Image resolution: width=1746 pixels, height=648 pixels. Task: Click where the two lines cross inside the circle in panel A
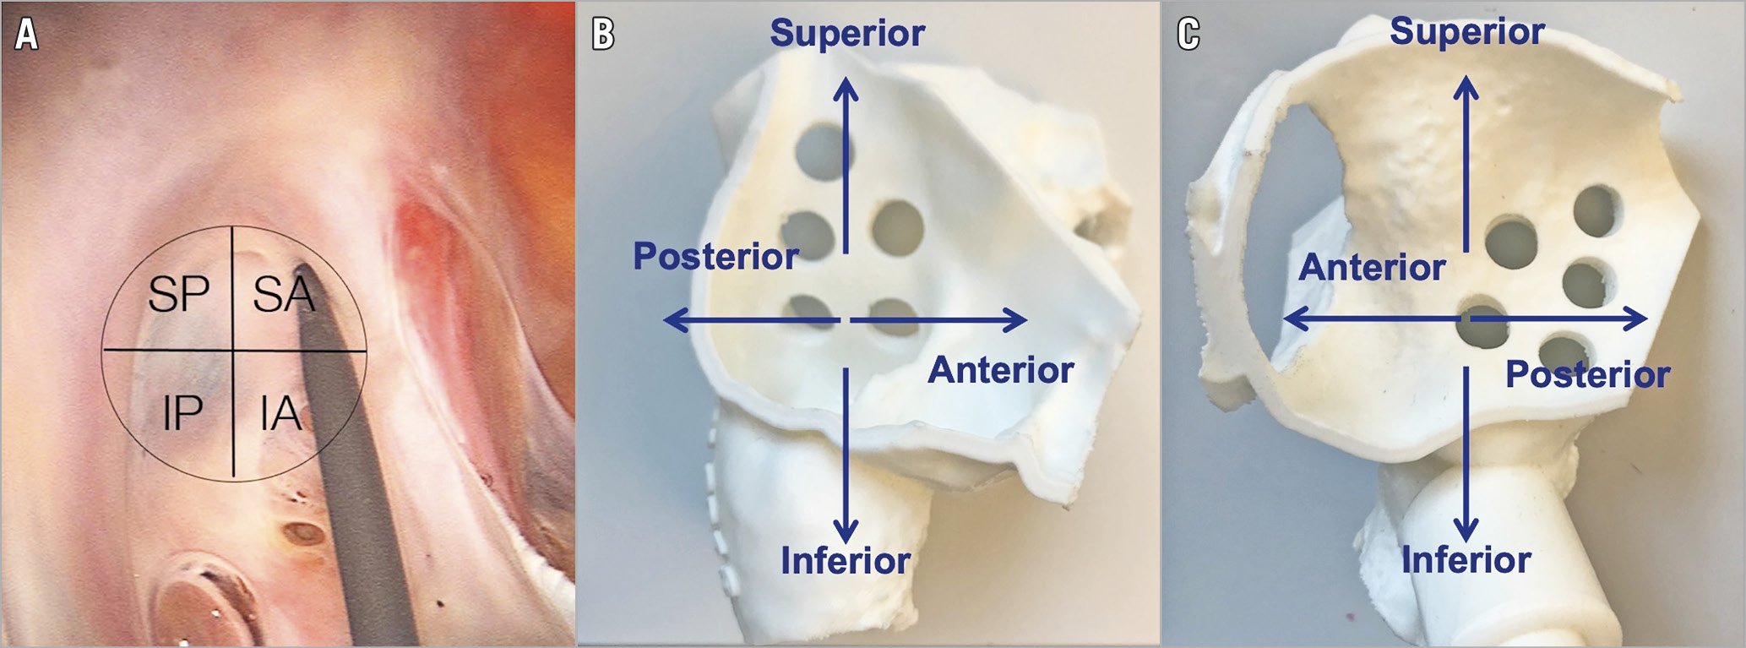233,349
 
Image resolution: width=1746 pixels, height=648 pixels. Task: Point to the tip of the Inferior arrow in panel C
1466,541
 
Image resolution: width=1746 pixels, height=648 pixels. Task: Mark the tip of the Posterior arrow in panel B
664,320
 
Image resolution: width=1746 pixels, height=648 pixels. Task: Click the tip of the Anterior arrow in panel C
1284,319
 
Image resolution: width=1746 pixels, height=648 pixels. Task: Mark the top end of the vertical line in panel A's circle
232,226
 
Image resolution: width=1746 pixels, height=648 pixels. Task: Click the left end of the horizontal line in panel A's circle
103,349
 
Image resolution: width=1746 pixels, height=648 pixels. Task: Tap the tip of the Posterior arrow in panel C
1647,319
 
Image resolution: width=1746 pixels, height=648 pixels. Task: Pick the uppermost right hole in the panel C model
1597,210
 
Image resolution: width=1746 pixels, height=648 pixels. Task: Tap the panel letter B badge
602,34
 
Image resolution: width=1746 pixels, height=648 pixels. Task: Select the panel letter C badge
1188,34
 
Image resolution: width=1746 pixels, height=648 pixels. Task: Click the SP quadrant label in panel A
178,294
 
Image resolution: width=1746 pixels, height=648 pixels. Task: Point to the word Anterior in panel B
1001,370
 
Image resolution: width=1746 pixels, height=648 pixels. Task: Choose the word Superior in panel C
1467,32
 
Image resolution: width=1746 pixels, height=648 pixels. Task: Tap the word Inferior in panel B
846,560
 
